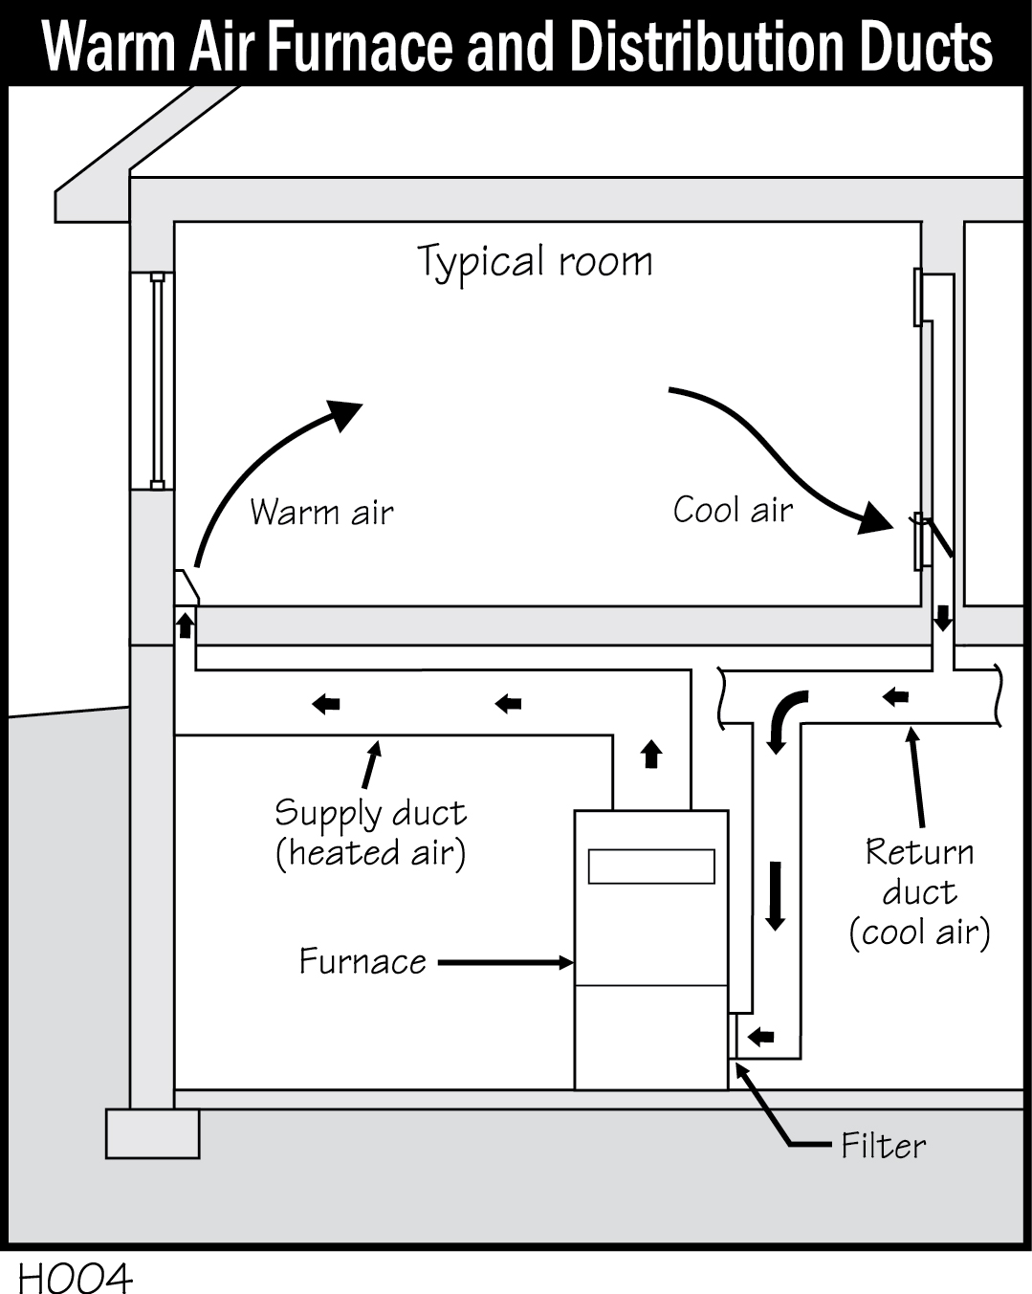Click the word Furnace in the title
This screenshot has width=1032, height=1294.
tap(362, 45)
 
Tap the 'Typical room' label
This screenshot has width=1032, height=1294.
tap(535, 262)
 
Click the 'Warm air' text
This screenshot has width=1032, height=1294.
tap(321, 513)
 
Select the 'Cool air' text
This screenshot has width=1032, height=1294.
tap(733, 510)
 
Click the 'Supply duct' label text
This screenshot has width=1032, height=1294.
tap(370, 813)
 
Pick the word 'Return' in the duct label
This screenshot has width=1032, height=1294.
tap(919, 851)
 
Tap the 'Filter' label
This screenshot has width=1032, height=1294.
tap(883, 1146)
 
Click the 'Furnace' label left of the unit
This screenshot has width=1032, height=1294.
tap(362, 961)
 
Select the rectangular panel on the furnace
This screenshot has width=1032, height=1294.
tap(651, 866)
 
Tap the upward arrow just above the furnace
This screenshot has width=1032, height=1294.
tap(651, 754)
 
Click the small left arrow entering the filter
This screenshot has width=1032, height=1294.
tap(761, 1036)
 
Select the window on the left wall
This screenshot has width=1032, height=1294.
tap(157, 380)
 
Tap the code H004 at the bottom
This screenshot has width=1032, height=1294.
tap(75, 1278)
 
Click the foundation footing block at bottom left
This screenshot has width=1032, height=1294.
tap(152, 1133)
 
